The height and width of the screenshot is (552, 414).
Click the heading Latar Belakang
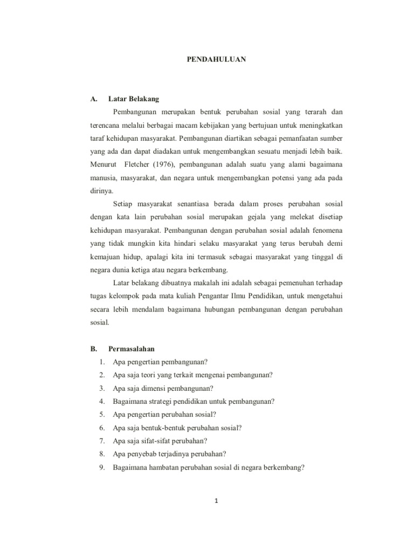pyautogui.click(x=134, y=99)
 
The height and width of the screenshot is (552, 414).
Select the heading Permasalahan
pyautogui.click(x=131, y=349)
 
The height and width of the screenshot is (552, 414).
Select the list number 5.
pyautogui.click(x=102, y=415)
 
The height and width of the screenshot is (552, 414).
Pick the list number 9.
pyautogui.click(x=102, y=467)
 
